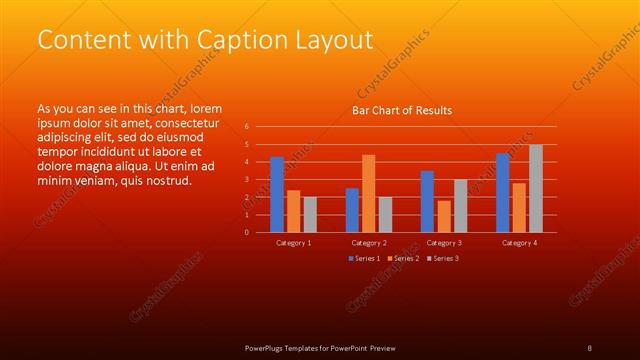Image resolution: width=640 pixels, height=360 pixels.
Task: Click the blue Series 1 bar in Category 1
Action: point(277,194)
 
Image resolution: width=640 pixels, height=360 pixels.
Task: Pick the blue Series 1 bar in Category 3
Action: point(427,201)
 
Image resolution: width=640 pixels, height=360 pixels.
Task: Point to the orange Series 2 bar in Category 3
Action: point(444,216)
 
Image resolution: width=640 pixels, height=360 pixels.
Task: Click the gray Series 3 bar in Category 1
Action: point(310,214)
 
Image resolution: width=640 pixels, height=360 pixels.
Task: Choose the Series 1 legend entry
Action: point(365,259)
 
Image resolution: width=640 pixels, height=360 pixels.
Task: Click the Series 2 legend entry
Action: point(402,259)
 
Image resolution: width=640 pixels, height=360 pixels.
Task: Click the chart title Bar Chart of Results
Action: point(401,110)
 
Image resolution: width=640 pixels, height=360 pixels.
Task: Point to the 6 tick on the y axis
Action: point(246,127)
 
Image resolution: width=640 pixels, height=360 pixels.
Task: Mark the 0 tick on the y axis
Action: point(246,232)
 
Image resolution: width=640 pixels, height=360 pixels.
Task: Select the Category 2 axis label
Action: point(368,243)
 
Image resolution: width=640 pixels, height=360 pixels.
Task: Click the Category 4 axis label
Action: point(519,243)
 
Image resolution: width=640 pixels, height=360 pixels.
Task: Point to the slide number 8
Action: point(590,347)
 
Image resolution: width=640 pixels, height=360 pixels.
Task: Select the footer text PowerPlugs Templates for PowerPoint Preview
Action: point(320,347)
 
